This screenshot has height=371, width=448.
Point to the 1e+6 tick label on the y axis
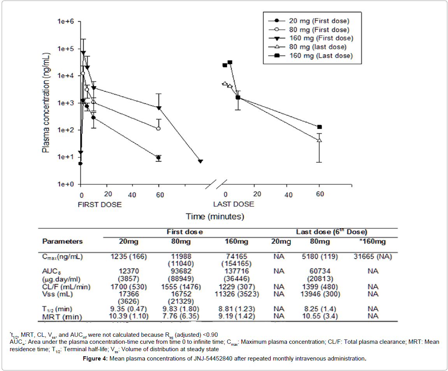(66, 22)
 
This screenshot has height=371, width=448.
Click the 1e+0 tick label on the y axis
(66, 184)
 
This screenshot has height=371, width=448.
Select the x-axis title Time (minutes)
(214, 216)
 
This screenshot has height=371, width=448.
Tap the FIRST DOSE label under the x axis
(100, 205)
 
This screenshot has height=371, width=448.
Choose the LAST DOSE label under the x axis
(233, 204)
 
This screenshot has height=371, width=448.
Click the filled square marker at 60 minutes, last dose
(320, 127)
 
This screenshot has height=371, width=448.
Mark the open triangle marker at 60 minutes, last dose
(320, 140)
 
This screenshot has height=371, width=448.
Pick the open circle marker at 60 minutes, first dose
(158, 128)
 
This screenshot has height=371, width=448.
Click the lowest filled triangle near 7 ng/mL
(200, 161)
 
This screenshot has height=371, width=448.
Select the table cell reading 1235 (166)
(128, 257)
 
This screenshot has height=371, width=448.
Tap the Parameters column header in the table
(62, 241)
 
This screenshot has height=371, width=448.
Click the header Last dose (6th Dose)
(331, 232)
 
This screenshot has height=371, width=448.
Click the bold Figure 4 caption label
(96, 359)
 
